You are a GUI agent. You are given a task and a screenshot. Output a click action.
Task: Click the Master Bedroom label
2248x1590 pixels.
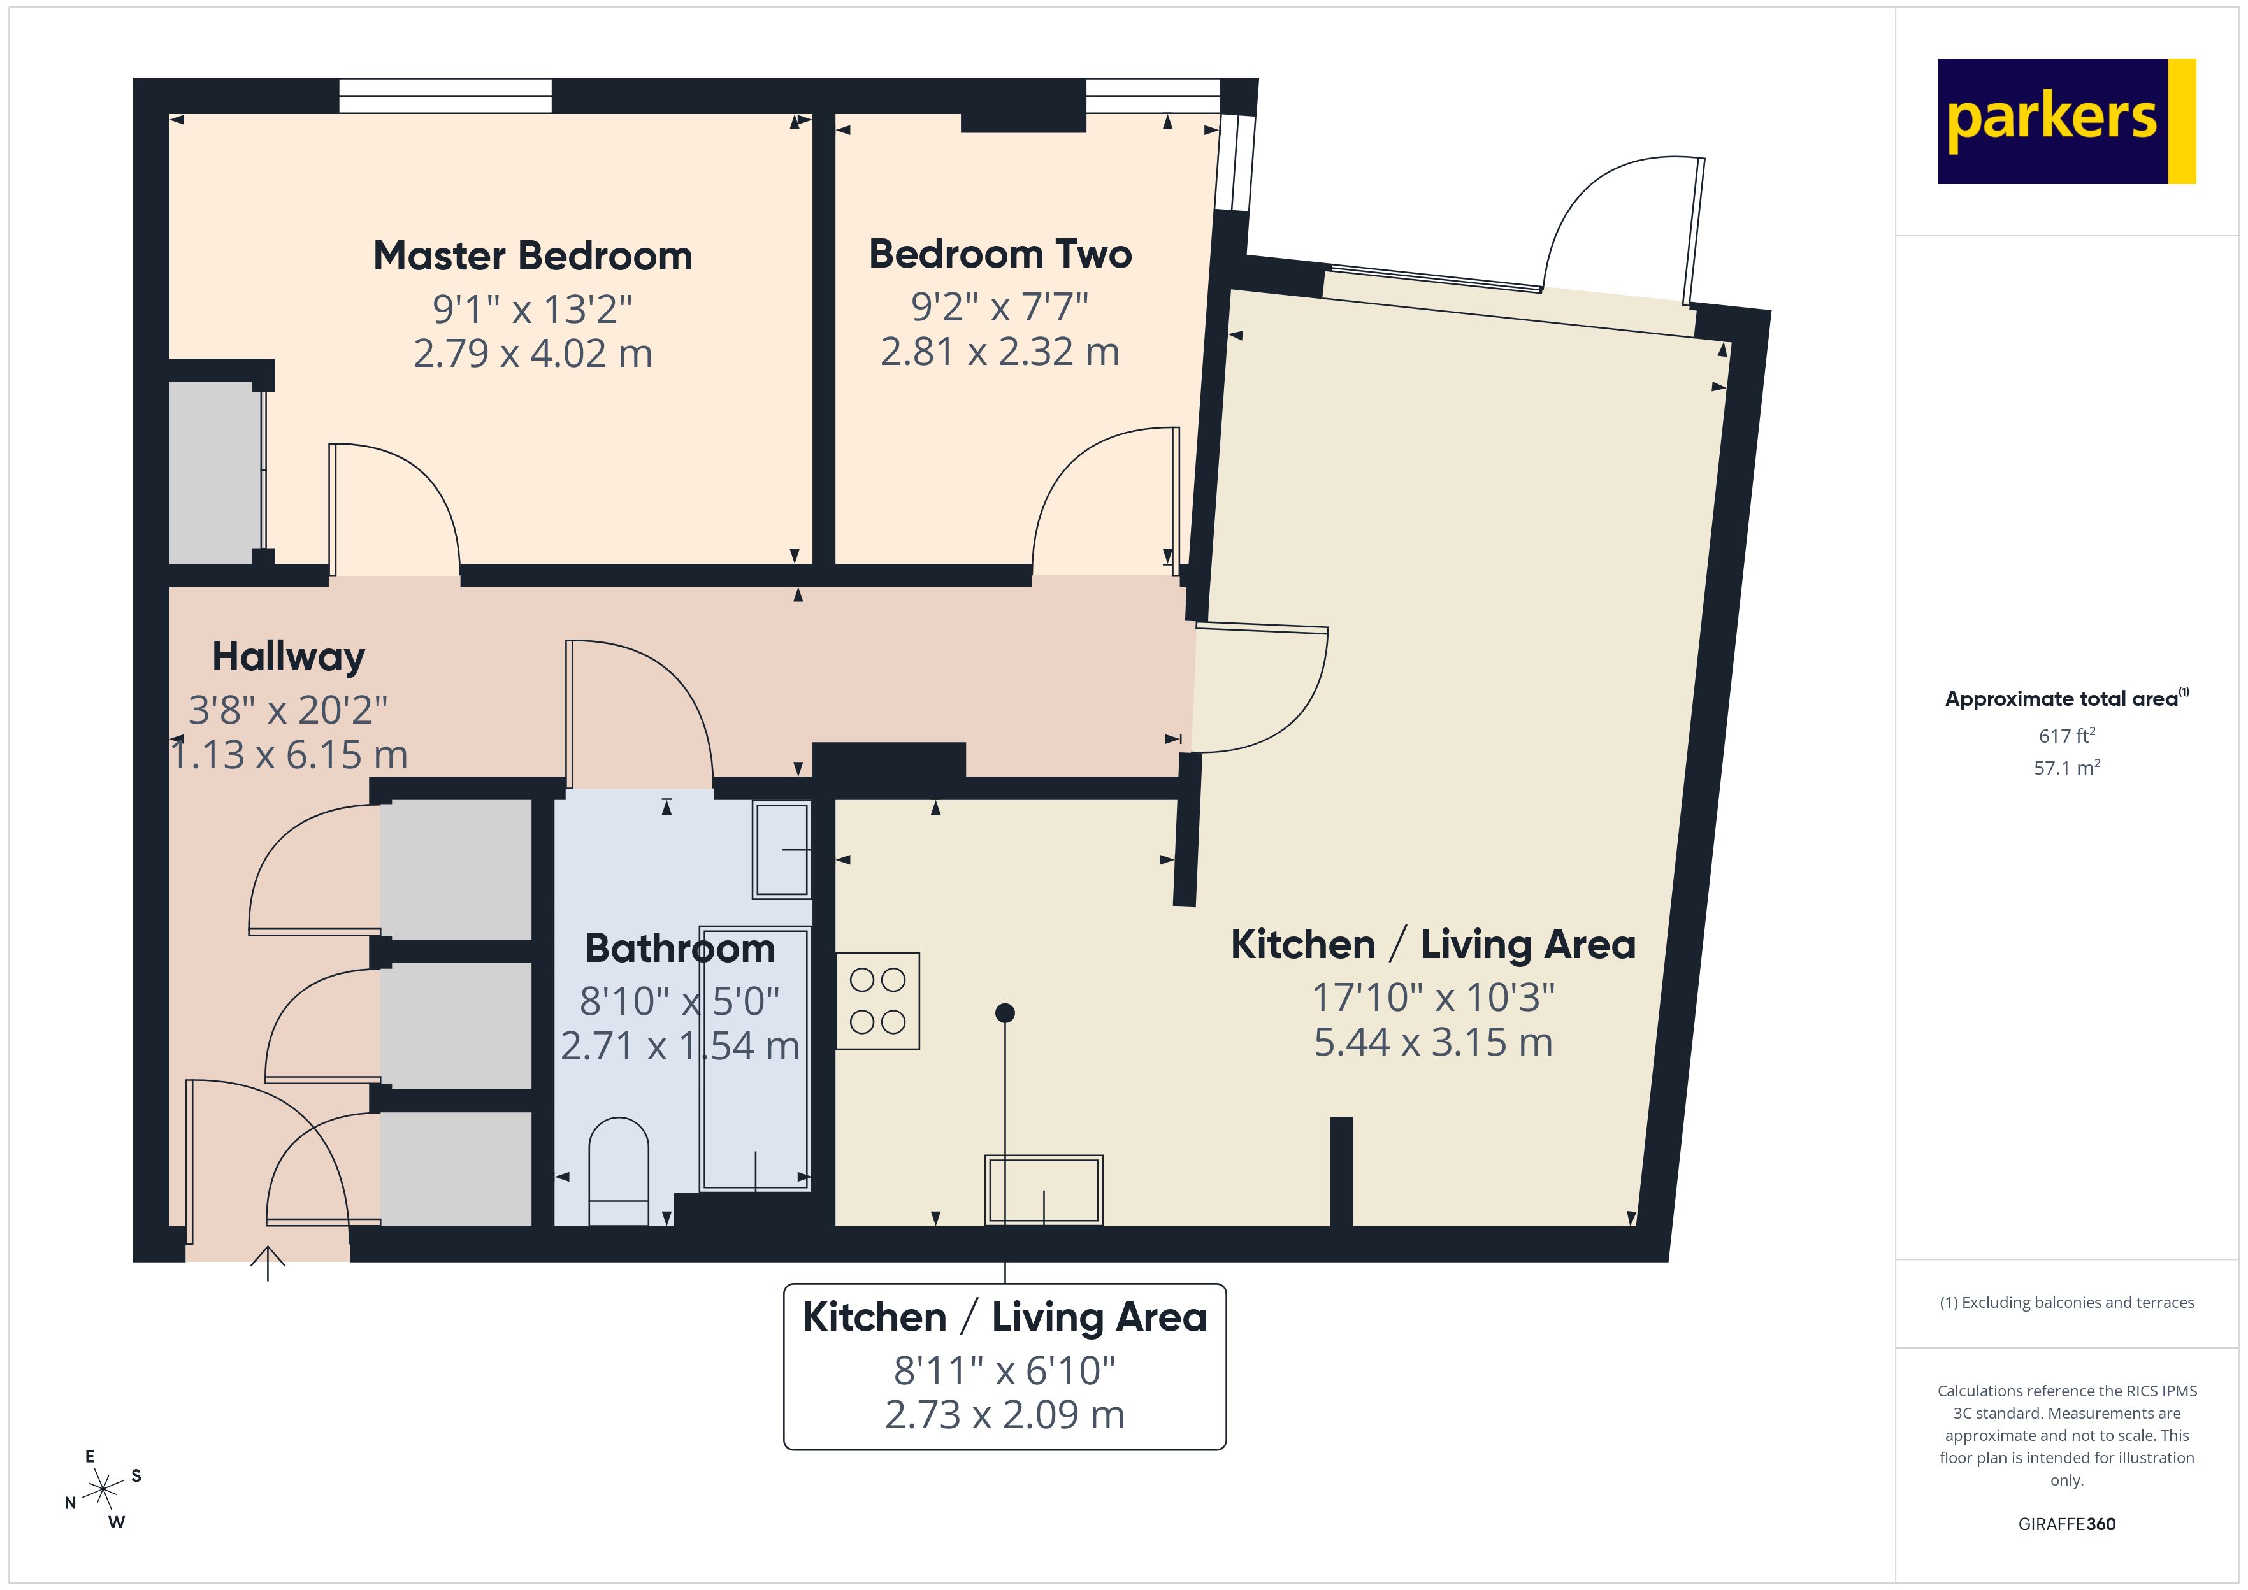pyautogui.click(x=533, y=257)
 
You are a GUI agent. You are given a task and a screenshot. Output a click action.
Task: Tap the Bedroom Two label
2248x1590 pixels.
pyautogui.click(x=1000, y=255)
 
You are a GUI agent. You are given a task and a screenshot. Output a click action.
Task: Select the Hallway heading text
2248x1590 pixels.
pyautogui.click(x=288, y=657)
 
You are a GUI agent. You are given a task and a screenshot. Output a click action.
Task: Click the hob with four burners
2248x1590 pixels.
pyautogui.click(x=877, y=1001)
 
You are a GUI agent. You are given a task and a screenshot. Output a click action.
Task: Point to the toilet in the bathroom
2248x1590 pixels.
pyautogui.click(x=619, y=1170)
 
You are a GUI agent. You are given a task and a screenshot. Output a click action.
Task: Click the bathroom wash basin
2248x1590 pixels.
pyautogui.click(x=781, y=850)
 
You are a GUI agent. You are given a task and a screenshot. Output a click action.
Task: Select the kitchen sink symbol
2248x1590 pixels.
pyautogui.click(x=1044, y=1189)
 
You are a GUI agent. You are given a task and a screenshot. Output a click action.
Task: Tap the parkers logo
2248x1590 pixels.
pyautogui.click(x=2066, y=120)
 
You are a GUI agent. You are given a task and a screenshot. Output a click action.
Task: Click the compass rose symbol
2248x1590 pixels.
pyautogui.click(x=103, y=1490)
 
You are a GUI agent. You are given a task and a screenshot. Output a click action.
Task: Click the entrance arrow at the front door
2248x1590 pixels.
pyautogui.click(x=267, y=1263)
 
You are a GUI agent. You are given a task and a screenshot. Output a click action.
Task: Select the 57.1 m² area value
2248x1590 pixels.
pyautogui.click(x=2066, y=768)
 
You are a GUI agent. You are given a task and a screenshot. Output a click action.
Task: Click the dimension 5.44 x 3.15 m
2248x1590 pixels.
pyautogui.click(x=1432, y=1042)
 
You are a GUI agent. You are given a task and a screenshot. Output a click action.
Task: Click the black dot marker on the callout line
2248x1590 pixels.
pyautogui.click(x=1005, y=1012)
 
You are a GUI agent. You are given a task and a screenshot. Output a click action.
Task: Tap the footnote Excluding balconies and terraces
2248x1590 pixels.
pyautogui.click(x=2066, y=1302)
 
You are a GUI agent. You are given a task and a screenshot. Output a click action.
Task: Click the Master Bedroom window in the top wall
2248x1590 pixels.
pyautogui.click(x=445, y=96)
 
